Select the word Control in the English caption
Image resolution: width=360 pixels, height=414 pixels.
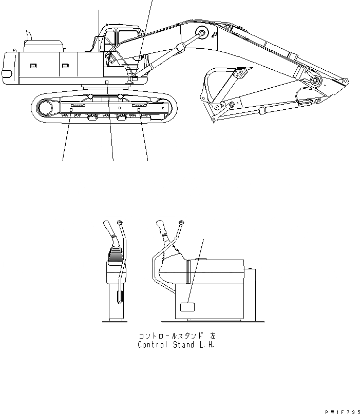point(152,345)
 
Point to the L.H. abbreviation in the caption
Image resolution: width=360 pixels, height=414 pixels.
point(206,345)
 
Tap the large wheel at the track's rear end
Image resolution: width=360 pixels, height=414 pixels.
point(45,109)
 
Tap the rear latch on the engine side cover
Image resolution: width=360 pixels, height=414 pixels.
point(33,65)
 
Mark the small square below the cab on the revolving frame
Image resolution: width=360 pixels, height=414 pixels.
point(106,82)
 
